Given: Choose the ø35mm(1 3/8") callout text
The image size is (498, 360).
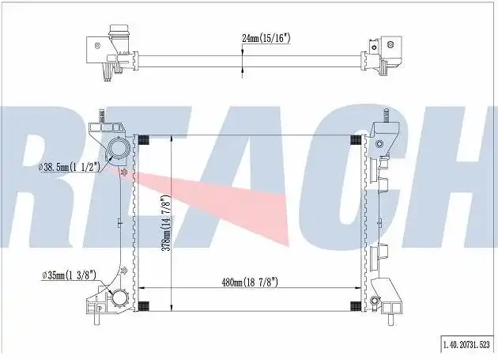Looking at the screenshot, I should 69,275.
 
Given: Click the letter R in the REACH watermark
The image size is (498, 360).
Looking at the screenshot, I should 43,182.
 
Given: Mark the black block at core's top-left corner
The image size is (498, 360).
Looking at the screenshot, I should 143,140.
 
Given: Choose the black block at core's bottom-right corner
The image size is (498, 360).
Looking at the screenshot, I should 354,307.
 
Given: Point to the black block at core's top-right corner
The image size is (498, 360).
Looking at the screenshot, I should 354,140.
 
